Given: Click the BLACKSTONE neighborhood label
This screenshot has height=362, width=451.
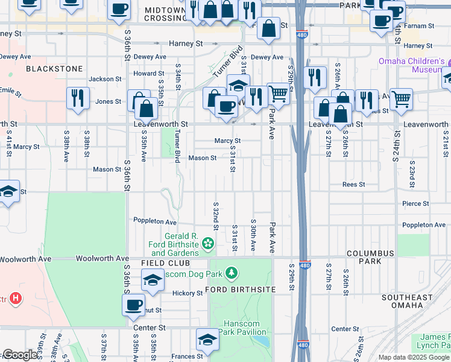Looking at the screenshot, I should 54,69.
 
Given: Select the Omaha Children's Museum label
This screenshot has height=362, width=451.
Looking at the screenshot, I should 412,65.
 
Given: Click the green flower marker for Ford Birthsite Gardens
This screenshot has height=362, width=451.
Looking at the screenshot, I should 209,243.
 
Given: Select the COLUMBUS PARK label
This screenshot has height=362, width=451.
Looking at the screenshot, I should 370,257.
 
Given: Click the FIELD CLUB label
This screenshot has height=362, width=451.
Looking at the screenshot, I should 166,264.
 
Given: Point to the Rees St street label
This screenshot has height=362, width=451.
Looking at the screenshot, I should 353,185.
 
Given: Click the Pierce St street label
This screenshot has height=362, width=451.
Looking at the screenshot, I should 415,204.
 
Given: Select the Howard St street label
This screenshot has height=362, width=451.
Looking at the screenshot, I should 145,74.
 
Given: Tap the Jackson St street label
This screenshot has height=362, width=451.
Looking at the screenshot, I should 105,79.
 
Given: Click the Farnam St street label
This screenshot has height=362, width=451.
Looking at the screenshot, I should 420,27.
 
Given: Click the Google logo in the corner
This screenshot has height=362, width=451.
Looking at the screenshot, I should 20,355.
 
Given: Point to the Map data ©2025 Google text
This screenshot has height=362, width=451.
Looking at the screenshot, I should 412,357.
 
